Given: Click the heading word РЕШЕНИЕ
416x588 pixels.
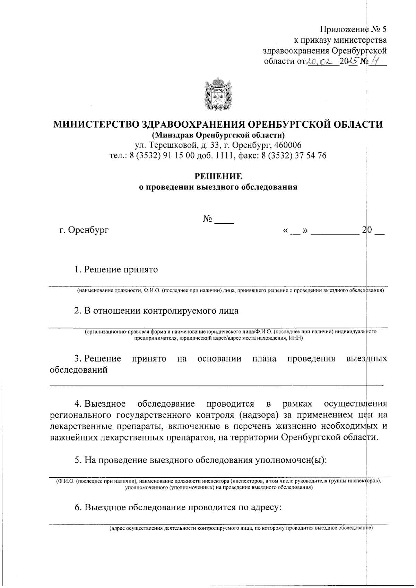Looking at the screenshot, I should tap(218, 177).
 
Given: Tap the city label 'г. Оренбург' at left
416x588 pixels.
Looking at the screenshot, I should tap(84, 230).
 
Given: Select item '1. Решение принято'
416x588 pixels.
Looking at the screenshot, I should tap(116, 270).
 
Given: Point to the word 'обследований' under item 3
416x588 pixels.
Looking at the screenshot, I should tap(79, 370).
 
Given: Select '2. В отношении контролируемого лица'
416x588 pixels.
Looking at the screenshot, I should tap(156, 310).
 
